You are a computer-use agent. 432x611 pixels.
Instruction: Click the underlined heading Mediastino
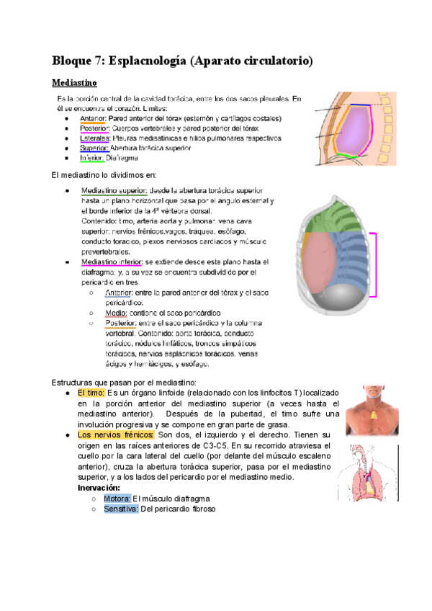[x=80, y=83]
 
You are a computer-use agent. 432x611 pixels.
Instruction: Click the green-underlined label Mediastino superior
[x=114, y=191]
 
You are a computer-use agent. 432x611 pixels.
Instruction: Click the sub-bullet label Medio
[x=115, y=313]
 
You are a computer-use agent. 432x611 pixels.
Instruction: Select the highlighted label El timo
[x=91, y=393]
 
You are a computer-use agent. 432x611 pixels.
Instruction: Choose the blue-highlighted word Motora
[x=117, y=499]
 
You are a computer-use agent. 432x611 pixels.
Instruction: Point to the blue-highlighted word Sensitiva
[x=120, y=509]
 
